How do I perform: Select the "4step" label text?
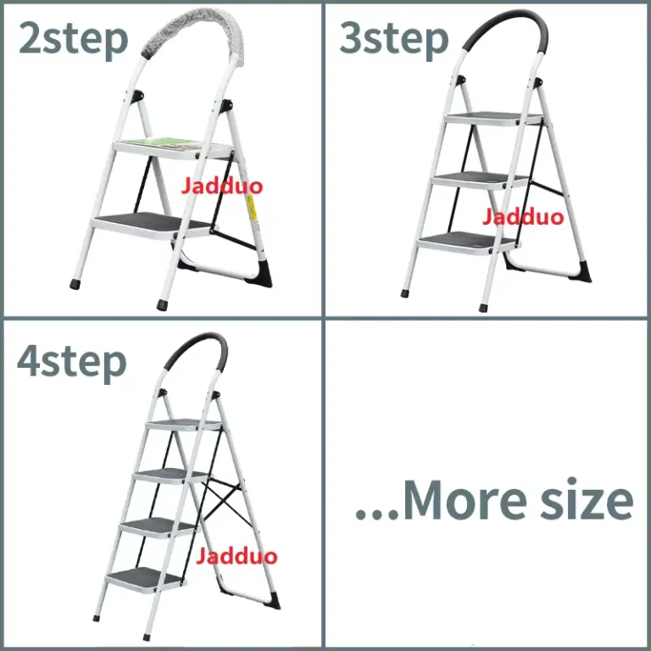(x=72, y=362)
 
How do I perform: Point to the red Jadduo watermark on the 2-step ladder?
(x=221, y=186)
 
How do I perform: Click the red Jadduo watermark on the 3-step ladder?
(x=523, y=217)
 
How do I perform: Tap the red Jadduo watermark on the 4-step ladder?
(x=236, y=557)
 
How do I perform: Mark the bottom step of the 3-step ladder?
(x=462, y=242)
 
